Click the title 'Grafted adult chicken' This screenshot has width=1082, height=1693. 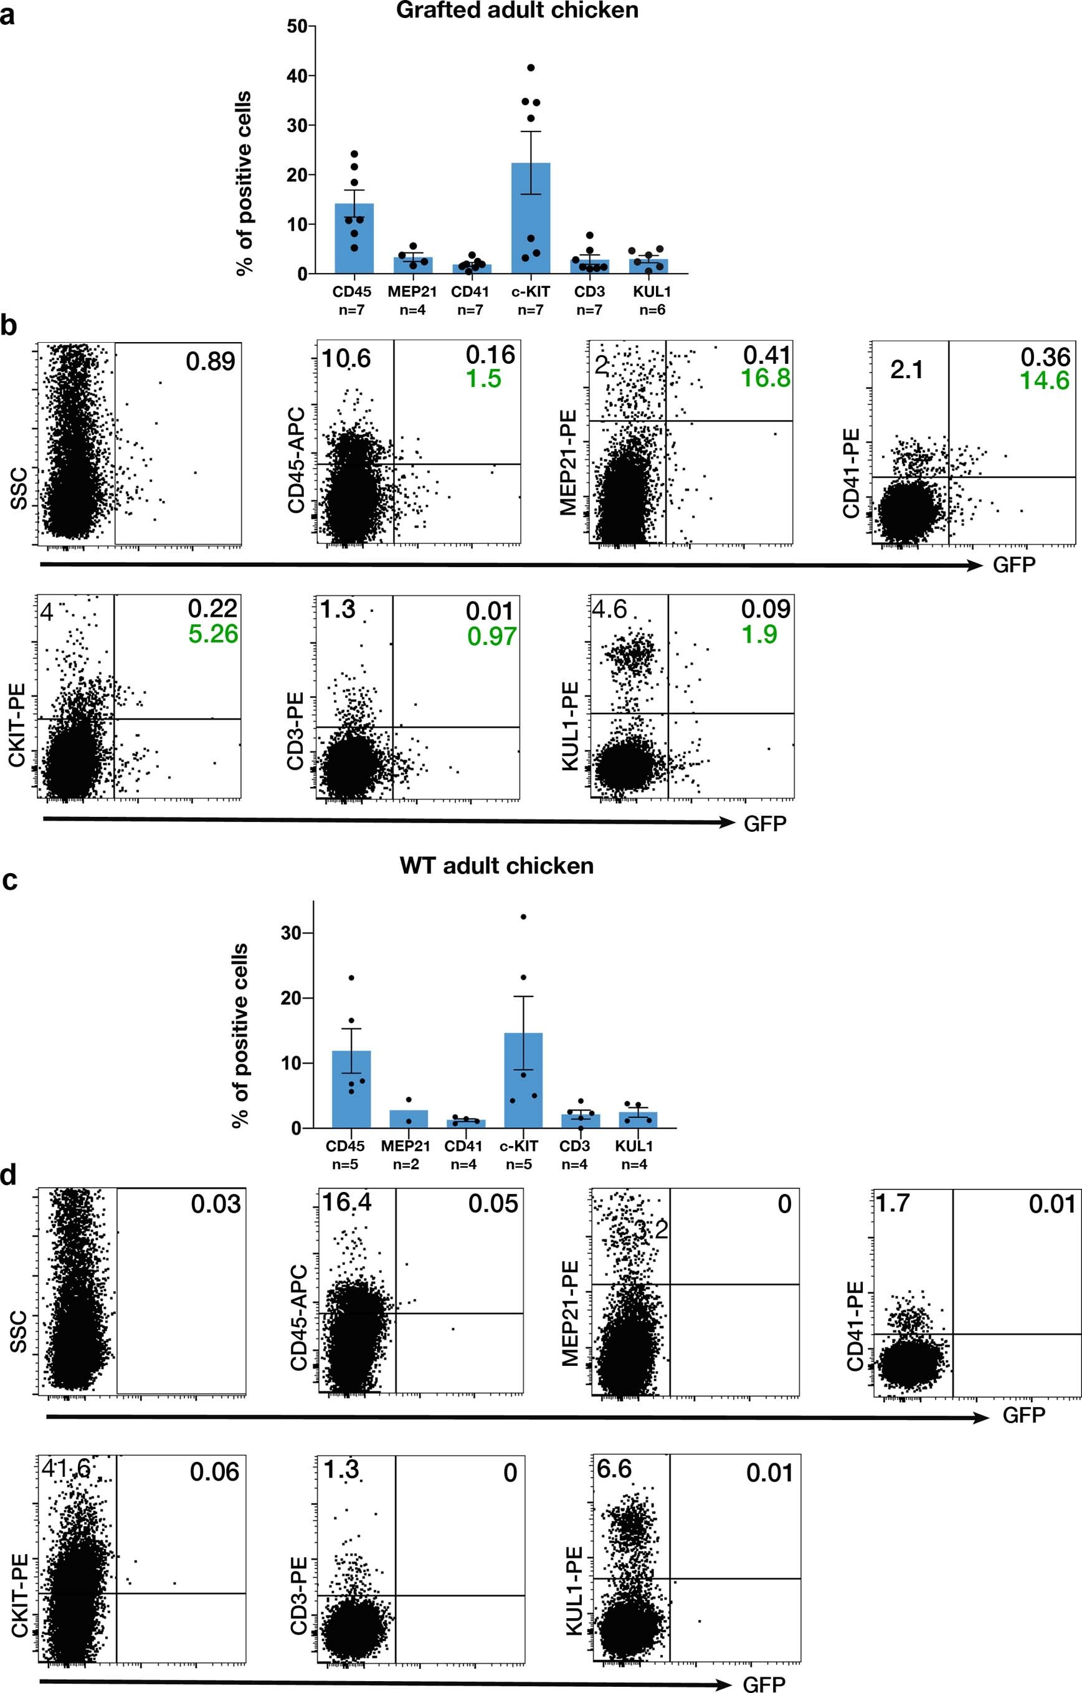pyautogui.click(x=517, y=11)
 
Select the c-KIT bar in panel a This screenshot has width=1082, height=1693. pyautogui.click(x=531, y=218)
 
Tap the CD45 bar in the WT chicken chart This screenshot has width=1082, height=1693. pyautogui.click(x=351, y=1089)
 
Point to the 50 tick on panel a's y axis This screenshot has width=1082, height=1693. pyautogui.click(x=297, y=27)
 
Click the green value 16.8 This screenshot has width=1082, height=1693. pyautogui.click(x=765, y=378)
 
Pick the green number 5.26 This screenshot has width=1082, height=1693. pyautogui.click(x=213, y=634)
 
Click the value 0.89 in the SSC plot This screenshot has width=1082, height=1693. pyautogui.click(x=209, y=361)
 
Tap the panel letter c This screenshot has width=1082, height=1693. pyautogui.click(x=10, y=880)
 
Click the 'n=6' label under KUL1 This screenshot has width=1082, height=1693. pyautogui.click(x=652, y=310)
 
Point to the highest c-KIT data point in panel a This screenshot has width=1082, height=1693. pyautogui.click(x=531, y=67)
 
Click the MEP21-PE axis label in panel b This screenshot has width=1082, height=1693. pyautogui.click(x=568, y=462)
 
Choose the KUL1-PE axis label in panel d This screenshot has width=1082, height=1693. pyautogui.click(x=574, y=1590)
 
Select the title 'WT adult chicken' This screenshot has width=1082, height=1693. pyautogui.click(x=496, y=866)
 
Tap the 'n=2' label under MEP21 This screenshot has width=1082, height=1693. pyautogui.click(x=406, y=1165)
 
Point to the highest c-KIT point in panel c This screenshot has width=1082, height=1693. pyautogui.click(x=523, y=917)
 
